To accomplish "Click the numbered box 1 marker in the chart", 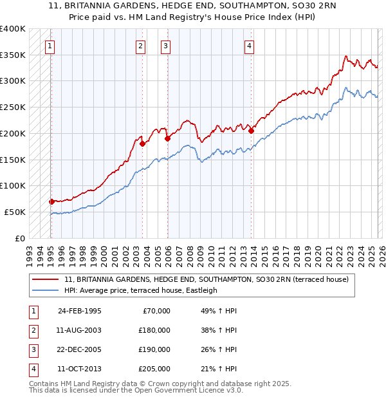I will pos(50,46).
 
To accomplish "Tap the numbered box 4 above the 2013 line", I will pos(249,46).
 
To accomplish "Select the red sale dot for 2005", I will pos(167,138).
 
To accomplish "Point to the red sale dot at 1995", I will pos(52,201).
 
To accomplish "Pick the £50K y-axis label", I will pos(15,212).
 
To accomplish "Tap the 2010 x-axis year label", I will pos(211,252).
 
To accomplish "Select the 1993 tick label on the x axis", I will pos(30,252).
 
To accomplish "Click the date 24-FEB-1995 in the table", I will pos(79,311).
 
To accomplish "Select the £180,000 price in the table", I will pos(154,330).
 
